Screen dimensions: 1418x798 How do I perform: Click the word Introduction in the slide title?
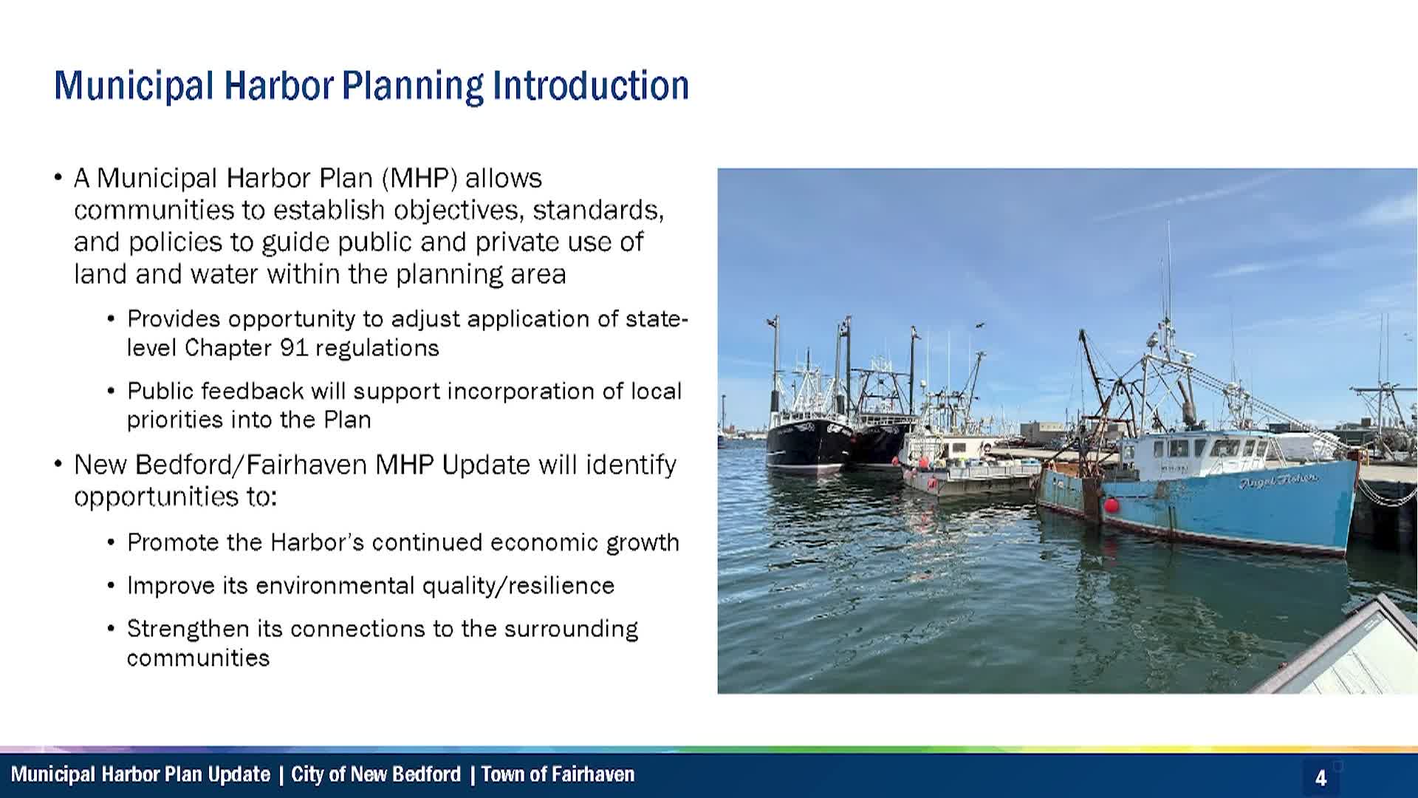coord(591,85)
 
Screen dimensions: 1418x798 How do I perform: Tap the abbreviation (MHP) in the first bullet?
coord(419,179)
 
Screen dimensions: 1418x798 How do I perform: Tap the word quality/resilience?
coord(518,586)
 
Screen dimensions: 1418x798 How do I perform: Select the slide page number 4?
coord(1321,778)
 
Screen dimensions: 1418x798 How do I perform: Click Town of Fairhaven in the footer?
coord(558,774)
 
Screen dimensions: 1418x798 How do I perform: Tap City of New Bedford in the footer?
coord(376,774)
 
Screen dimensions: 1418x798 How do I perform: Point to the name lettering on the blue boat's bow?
coord(1278,481)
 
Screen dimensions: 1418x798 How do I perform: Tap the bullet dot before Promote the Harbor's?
coord(111,543)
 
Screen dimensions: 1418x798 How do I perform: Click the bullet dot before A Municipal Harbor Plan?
coord(58,179)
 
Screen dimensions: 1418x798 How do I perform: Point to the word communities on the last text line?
coord(198,658)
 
